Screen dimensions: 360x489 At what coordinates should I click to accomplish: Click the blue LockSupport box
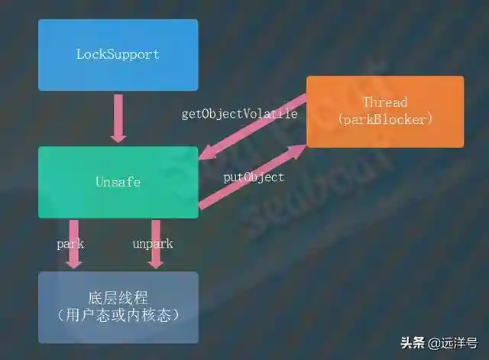118,55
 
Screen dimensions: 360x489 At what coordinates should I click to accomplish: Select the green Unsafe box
118,183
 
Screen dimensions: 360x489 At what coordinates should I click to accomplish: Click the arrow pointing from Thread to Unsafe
252,128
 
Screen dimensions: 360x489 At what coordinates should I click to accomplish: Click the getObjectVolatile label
239,114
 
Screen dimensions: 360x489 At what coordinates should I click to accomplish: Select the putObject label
254,177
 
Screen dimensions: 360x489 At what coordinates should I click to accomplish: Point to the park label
70,244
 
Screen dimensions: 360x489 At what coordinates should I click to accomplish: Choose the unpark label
153,244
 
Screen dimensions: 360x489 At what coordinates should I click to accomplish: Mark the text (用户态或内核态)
118,316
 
